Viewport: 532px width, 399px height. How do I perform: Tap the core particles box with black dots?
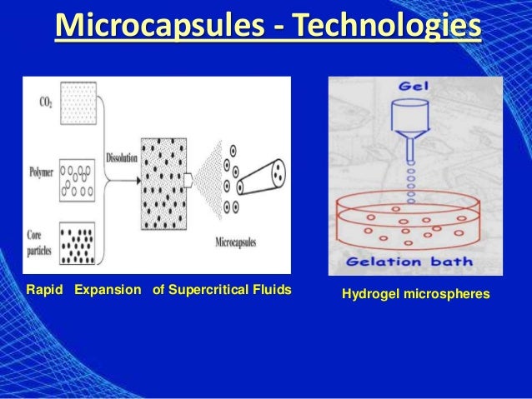(x=80, y=241)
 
